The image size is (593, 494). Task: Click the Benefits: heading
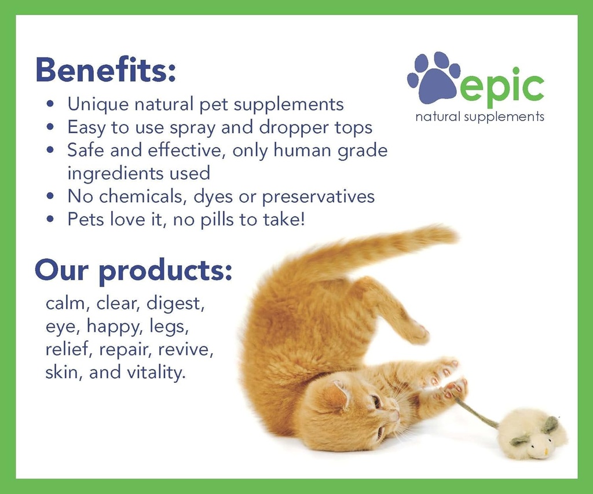(105, 70)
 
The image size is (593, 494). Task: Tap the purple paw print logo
(434, 78)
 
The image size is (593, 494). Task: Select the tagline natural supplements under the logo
(479, 116)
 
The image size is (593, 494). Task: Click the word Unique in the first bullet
(98, 104)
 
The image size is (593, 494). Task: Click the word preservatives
(318, 197)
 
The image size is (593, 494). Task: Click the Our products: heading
(133, 271)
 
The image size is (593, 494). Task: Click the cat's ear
(336, 396)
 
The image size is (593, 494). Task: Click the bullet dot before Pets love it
(51, 220)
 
